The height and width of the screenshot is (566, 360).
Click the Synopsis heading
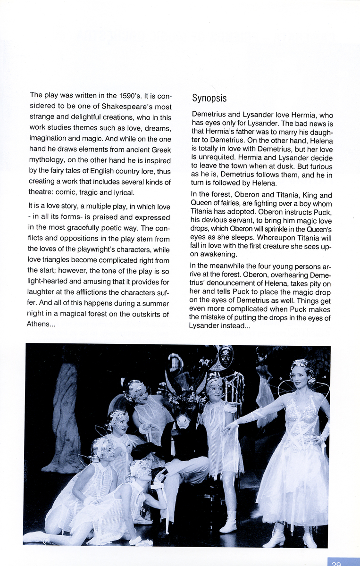(209, 99)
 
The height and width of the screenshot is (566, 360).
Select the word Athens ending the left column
(37, 324)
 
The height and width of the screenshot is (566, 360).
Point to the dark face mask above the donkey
(226, 357)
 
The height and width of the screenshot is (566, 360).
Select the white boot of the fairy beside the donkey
(230, 523)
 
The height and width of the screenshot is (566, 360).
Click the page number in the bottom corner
(336, 563)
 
